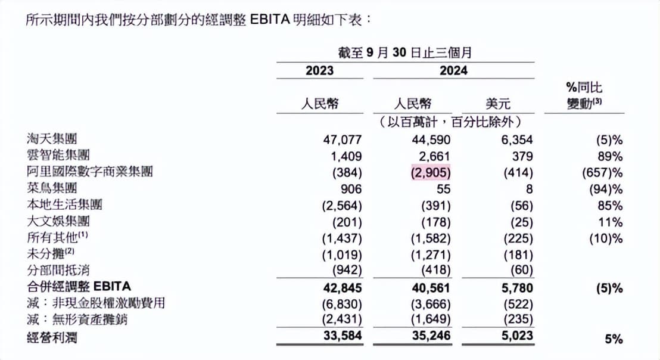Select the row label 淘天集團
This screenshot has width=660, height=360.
(52, 139)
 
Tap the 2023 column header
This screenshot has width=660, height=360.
(320, 71)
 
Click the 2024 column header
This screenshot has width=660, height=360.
(454, 71)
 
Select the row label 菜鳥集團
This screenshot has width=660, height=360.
(52, 188)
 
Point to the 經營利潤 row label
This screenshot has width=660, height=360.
(52, 339)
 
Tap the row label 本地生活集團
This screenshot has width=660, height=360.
(65, 204)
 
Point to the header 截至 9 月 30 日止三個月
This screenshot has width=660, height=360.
(405, 52)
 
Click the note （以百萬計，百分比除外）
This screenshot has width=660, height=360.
(450, 122)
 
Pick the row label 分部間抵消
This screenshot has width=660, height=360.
(58, 271)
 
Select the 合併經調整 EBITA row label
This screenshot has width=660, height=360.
(78, 287)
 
